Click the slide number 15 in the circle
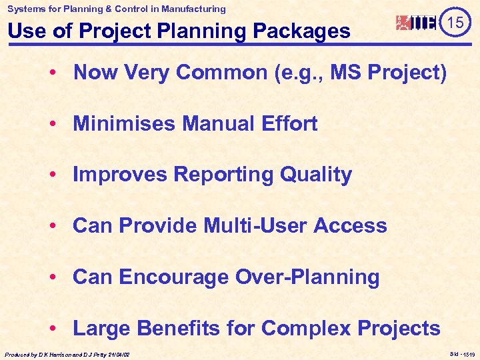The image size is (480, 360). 455,23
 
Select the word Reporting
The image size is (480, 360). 224,175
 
